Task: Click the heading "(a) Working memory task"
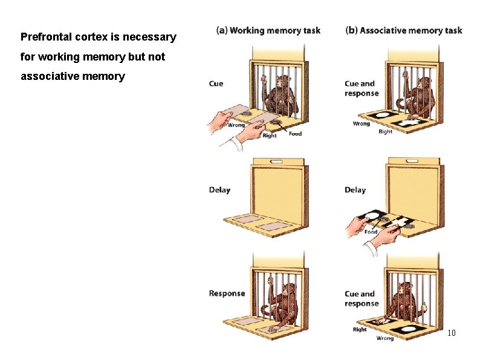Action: [x=268, y=30]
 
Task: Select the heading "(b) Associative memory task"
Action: [x=404, y=30]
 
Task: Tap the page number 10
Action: [x=451, y=333]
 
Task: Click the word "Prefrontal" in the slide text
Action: [x=45, y=37]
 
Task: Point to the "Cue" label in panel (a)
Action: [x=216, y=83]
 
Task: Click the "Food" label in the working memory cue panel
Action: [x=295, y=134]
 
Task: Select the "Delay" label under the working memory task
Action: [x=219, y=190]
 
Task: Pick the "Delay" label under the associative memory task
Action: [x=355, y=190]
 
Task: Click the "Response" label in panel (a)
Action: [x=227, y=293]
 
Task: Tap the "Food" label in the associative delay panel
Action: [x=371, y=232]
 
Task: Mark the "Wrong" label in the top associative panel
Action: [x=361, y=123]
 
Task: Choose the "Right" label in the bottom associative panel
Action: [x=360, y=330]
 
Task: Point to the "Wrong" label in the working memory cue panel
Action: [x=236, y=125]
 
